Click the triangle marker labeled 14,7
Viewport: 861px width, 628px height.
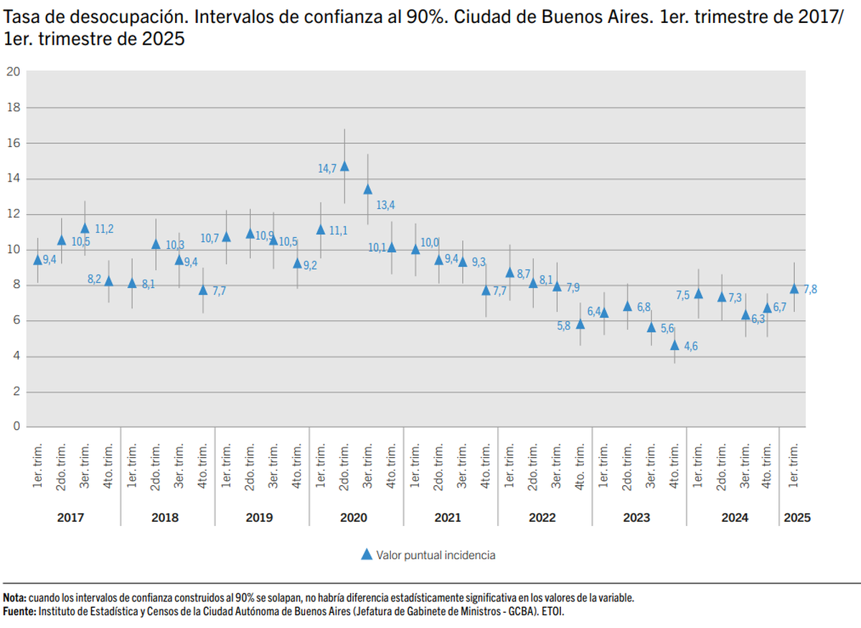tap(344, 166)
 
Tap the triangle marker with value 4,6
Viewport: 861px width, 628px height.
tap(674, 345)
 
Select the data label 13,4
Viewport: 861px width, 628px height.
tap(385, 205)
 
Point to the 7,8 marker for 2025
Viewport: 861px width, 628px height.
tap(794, 289)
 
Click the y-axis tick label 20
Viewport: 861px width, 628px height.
tap(14, 71)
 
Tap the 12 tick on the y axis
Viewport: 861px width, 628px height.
tap(14, 214)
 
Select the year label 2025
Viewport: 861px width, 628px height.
tap(797, 517)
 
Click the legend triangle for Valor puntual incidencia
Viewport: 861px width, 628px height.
tap(366, 554)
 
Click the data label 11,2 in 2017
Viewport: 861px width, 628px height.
tap(104, 229)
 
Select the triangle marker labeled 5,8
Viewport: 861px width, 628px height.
tap(580, 324)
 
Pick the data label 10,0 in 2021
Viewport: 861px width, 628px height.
tap(430, 243)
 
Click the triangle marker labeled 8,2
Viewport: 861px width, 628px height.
tap(108, 281)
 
